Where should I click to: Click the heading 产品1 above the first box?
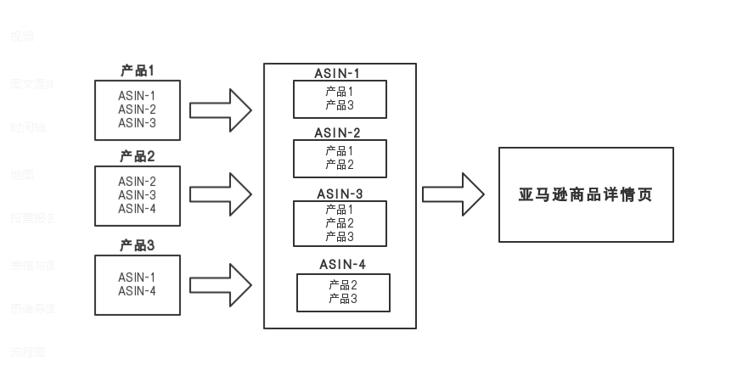[x=138, y=70]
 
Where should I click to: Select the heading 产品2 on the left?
[x=138, y=156]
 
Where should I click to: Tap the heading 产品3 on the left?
[x=138, y=246]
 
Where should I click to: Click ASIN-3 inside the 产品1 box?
[x=138, y=123]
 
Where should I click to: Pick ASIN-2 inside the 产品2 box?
[x=138, y=181]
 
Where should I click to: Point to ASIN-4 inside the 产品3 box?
[x=138, y=291]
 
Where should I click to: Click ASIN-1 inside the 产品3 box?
[x=138, y=278]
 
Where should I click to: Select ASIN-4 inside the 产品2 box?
[x=138, y=209]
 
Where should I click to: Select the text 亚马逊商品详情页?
[x=586, y=194]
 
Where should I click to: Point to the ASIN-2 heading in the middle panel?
[x=338, y=132]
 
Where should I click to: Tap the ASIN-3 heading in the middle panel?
[x=340, y=194]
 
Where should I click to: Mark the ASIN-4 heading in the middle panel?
[x=343, y=264]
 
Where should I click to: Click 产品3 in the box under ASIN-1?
[x=340, y=105]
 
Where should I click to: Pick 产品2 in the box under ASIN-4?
[x=343, y=285]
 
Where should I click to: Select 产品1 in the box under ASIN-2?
[x=340, y=151]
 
